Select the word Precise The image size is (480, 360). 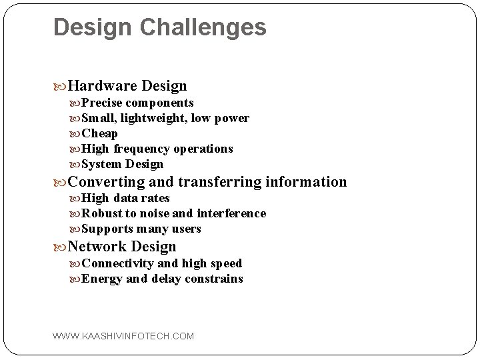[x=103, y=103]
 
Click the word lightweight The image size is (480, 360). [x=152, y=118]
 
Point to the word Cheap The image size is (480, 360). [x=99, y=133]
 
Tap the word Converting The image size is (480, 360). [x=107, y=181]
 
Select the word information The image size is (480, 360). [x=306, y=181]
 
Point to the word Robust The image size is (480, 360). [x=102, y=213]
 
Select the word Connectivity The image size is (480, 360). [x=117, y=263]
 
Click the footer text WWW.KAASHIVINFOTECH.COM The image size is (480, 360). [x=123, y=336]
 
